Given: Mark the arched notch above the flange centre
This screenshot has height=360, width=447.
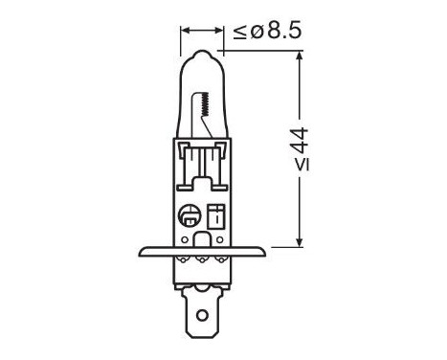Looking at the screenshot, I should tap(201, 237).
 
